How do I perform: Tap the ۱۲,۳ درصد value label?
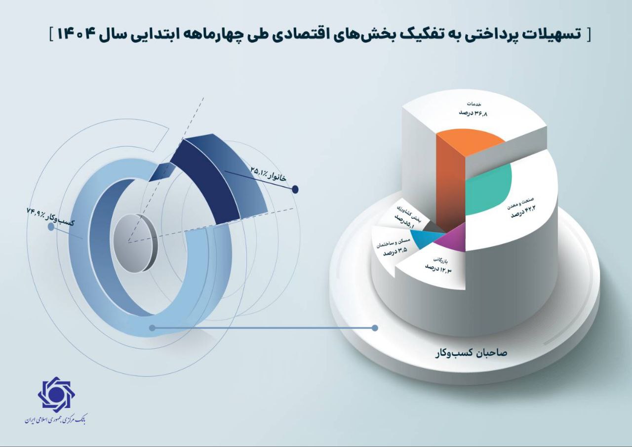click(439, 268)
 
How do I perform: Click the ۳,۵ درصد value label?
click(395, 252)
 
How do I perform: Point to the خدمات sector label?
click(475, 104)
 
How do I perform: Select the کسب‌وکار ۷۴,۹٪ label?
click(50, 216)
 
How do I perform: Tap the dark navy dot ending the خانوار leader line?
click(295, 189)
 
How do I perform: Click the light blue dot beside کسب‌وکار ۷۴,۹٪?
click(51, 227)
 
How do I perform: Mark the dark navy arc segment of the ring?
click(206, 181)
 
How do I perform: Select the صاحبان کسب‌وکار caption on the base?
click(471, 354)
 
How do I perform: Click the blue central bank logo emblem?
click(56, 393)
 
